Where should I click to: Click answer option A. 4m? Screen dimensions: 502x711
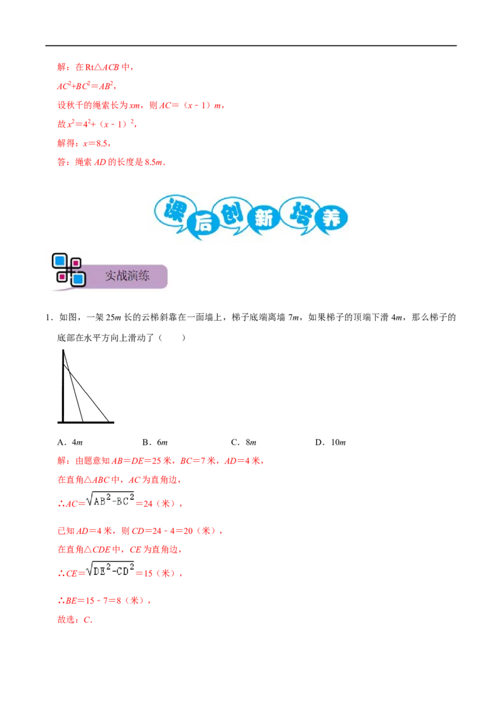[x=70, y=442]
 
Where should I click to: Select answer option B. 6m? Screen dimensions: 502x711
[x=155, y=442]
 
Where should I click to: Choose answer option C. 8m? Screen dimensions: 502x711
[x=243, y=442]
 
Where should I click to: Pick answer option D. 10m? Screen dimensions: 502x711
[x=331, y=442]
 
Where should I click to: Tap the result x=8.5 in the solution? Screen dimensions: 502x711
[x=95, y=143]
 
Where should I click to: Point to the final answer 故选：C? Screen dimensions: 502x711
[x=75, y=619]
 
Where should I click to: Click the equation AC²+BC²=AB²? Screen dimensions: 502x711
[x=85, y=85]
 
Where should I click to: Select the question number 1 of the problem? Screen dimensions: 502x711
[x=48, y=318]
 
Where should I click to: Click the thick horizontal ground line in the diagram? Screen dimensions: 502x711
[x=85, y=423]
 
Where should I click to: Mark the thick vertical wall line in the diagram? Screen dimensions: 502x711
[x=63, y=386]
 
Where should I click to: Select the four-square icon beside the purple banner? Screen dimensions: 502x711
[x=68, y=270]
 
